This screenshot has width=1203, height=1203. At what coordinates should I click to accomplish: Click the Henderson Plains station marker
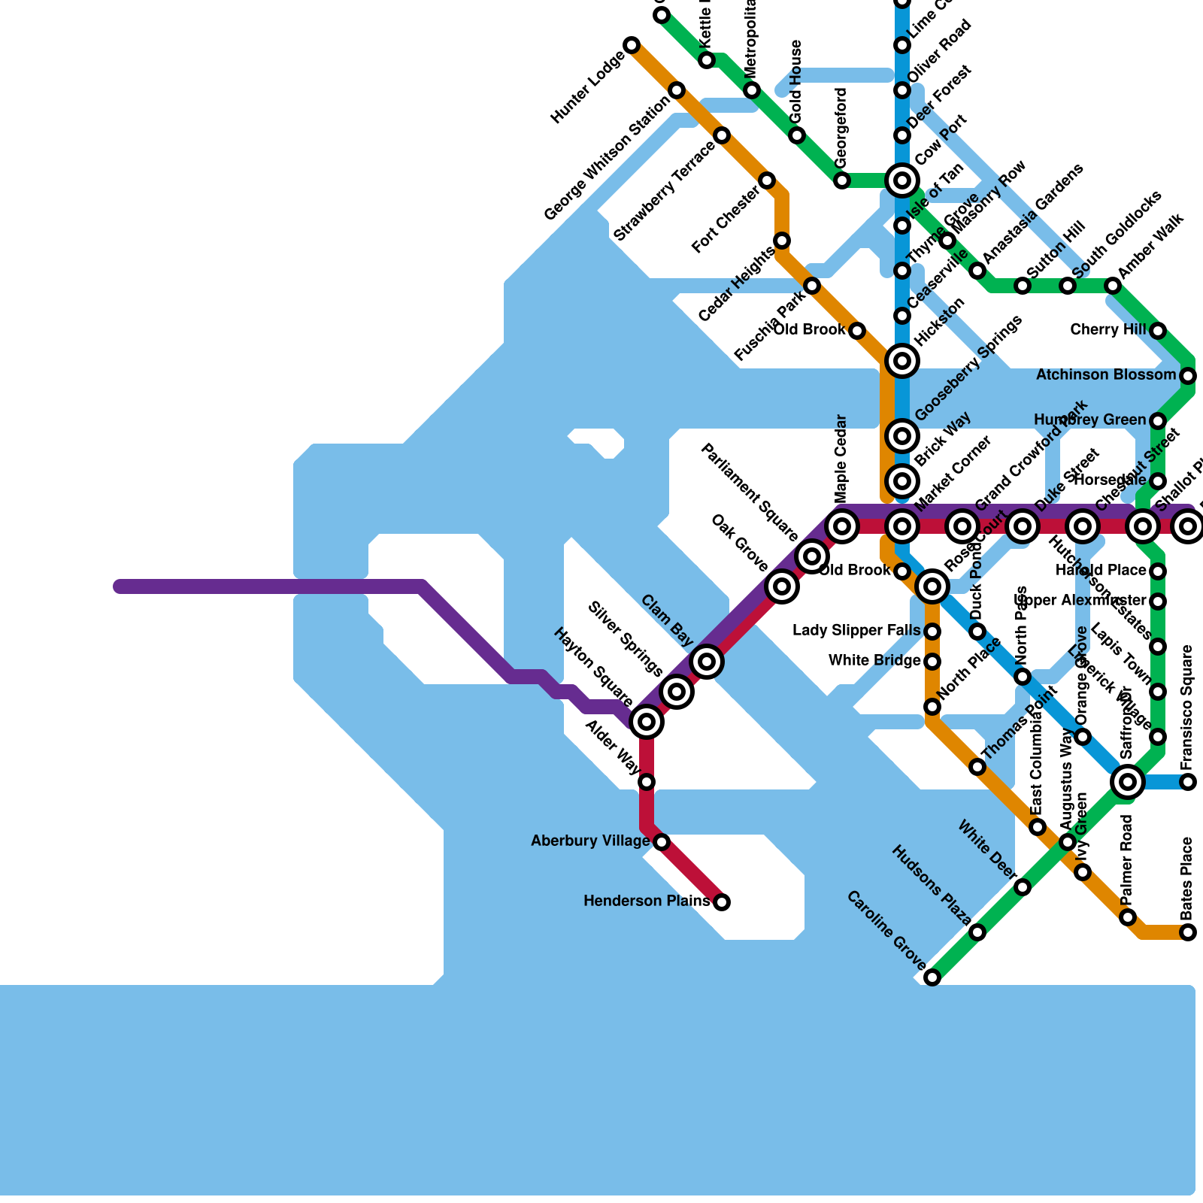coord(721,901)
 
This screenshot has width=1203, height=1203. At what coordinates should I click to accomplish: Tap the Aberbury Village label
coord(590,841)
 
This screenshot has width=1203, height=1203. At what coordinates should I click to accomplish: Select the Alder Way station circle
coord(647,782)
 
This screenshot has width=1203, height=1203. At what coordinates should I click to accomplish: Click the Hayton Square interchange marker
coord(647,722)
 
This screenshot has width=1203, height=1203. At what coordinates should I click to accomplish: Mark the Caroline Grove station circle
coord(932,977)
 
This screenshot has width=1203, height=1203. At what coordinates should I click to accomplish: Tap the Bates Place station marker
coord(1187,932)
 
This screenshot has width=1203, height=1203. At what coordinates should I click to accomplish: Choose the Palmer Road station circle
coord(1127,917)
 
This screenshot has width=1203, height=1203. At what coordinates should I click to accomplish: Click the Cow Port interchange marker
coord(902,180)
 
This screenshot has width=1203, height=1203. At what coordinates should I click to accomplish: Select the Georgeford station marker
coord(842,180)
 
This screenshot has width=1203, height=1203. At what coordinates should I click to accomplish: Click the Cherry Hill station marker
coord(1158,331)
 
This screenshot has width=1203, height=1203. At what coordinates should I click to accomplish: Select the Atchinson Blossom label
coord(1105,375)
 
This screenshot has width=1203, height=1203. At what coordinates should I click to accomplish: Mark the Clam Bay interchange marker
coord(707,662)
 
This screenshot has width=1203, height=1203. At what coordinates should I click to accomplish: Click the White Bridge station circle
coord(932,662)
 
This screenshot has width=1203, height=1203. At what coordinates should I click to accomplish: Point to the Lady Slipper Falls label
coord(856,631)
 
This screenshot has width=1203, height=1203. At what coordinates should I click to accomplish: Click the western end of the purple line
coord(119,586)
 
